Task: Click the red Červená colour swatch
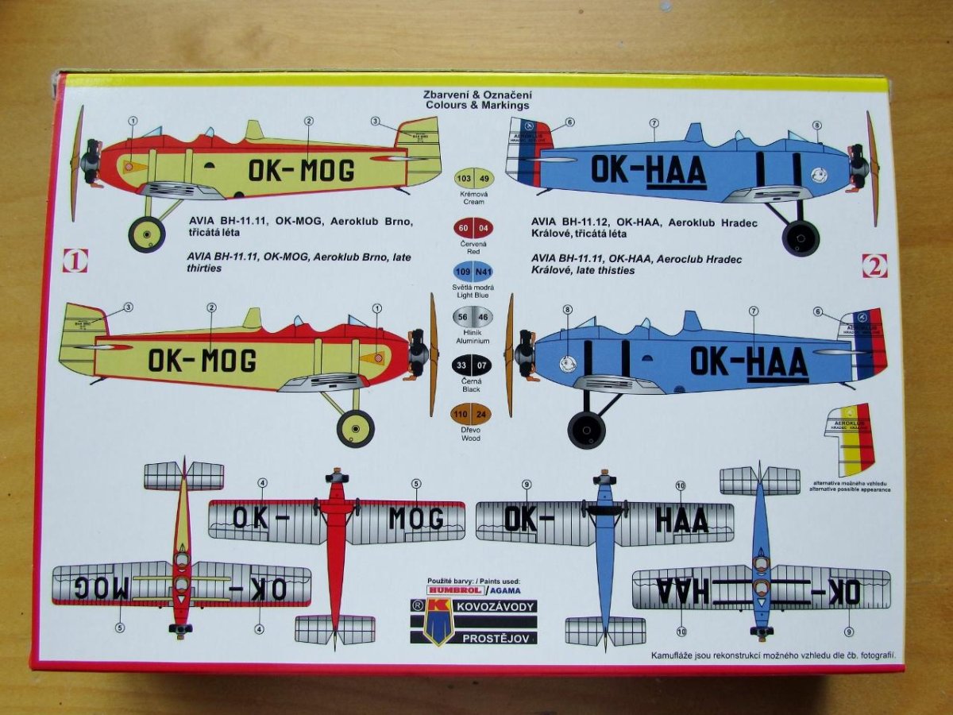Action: (473, 229)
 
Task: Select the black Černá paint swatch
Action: (473, 366)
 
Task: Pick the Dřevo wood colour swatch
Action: (473, 415)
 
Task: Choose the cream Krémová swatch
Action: (473, 178)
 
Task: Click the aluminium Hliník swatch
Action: (473, 317)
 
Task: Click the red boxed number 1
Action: (75, 261)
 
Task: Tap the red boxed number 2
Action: (874, 266)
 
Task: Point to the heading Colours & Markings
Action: (476, 105)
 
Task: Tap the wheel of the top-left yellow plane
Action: (147, 234)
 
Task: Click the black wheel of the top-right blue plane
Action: (801, 238)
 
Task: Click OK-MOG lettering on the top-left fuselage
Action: (301, 169)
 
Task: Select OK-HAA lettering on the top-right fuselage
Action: (648, 171)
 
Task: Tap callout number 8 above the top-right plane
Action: (816, 126)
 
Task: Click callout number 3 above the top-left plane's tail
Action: (375, 122)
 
